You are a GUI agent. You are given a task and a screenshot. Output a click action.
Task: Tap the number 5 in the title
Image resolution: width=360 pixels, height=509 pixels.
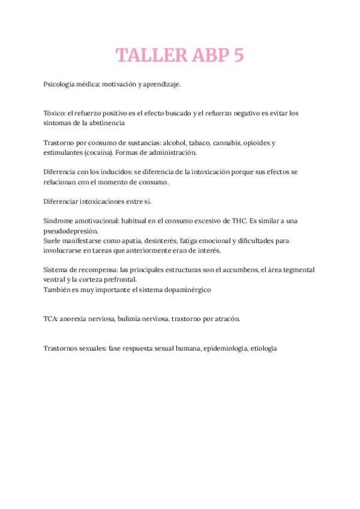(238, 55)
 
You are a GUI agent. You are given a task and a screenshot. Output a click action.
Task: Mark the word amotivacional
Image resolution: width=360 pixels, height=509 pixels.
(93, 220)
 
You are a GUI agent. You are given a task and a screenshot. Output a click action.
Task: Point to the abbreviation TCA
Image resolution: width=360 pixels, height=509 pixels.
(50, 319)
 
